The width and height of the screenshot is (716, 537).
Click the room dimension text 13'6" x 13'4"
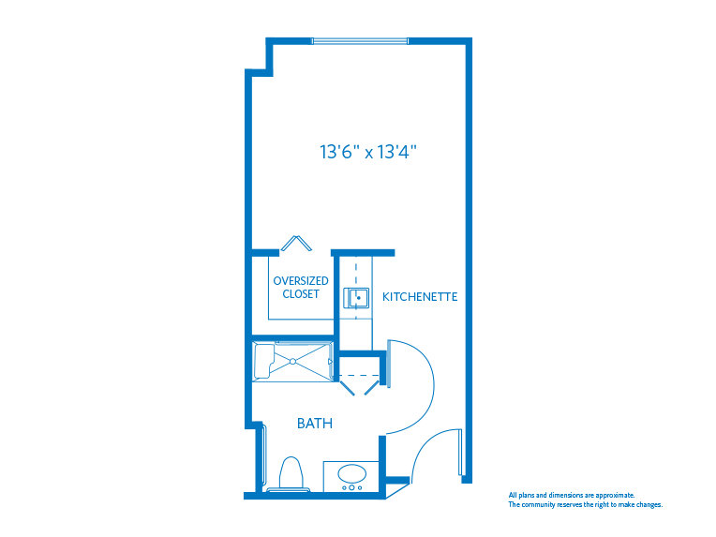coord(367,152)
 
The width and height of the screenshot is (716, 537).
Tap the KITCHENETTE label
coord(420,297)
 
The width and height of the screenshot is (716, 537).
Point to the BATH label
coord(315,424)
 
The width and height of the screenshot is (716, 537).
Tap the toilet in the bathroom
coord(290,473)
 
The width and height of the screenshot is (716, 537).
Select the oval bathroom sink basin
coord(353,473)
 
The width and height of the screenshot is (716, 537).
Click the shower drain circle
coord(292,361)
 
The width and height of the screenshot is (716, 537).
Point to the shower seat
coord(263,361)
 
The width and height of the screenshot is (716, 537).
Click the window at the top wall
coord(360,41)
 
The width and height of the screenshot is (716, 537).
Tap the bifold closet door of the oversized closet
coord(296,242)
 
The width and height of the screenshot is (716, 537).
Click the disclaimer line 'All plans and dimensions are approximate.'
coord(571,495)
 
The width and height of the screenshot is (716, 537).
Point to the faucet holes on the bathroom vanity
coord(353,487)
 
